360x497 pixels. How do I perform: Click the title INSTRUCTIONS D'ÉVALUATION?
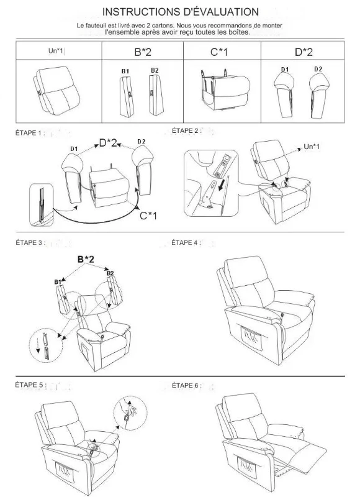click(x=180, y=12)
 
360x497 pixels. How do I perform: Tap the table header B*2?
click(x=143, y=52)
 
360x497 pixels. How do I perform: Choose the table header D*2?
click(x=304, y=52)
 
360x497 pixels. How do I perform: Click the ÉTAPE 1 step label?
click(x=29, y=134)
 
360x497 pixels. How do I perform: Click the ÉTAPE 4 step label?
click(x=186, y=243)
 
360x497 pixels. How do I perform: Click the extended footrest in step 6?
click(x=308, y=449)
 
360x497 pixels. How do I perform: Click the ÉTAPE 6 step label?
click(x=186, y=386)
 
